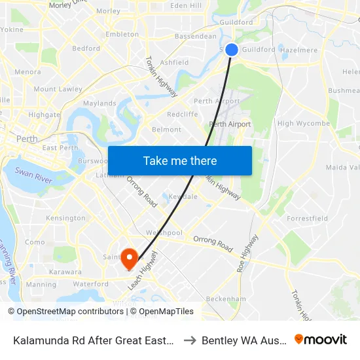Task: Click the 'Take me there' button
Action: coord(179,161)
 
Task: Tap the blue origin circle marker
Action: coord(232,49)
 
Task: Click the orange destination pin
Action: coord(129,259)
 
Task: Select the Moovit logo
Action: coord(321,339)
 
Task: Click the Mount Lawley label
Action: coord(58,89)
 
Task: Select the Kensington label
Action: coord(65,218)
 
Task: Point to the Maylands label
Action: coord(99,103)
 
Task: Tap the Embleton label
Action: coord(122,34)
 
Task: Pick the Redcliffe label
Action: coord(183,114)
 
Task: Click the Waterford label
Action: coord(91,284)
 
